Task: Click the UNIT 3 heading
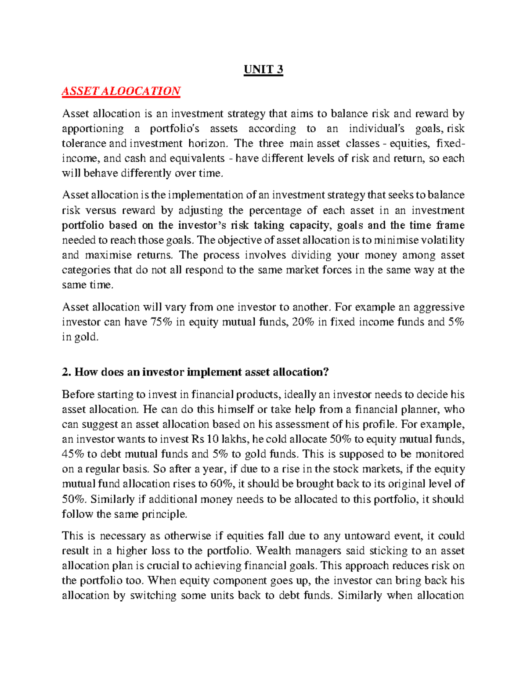pyautogui.click(x=263, y=70)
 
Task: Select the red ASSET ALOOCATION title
pyautogui.click(x=121, y=91)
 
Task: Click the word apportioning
pyautogui.click(x=93, y=129)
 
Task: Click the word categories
pyautogui.click(x=86, y=270)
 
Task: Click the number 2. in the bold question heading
pyautogui.click(x=66, y=372)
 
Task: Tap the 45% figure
pyautogui.click(x=73, y=454)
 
